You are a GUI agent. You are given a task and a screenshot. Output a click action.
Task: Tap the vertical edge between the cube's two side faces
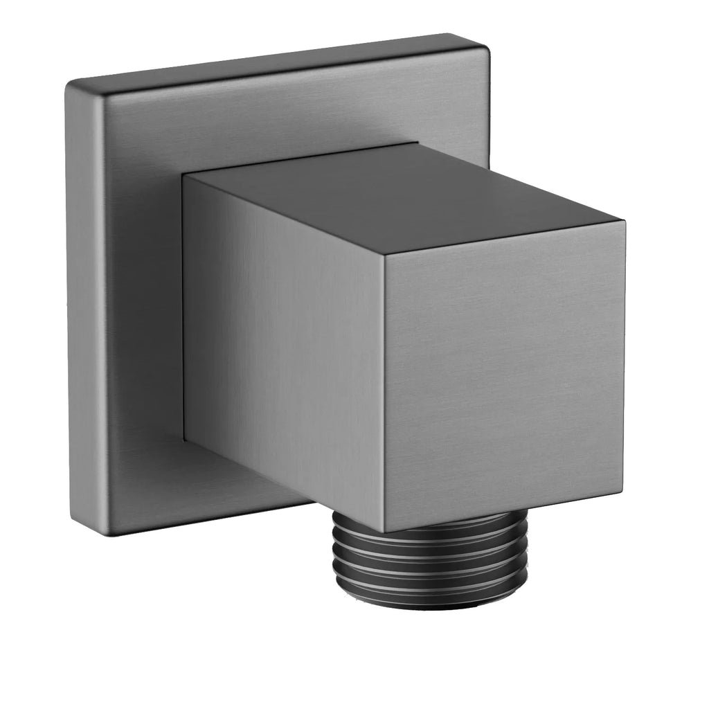pos(383,395)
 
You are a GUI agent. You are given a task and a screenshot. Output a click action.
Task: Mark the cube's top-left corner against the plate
pos(186,174)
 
